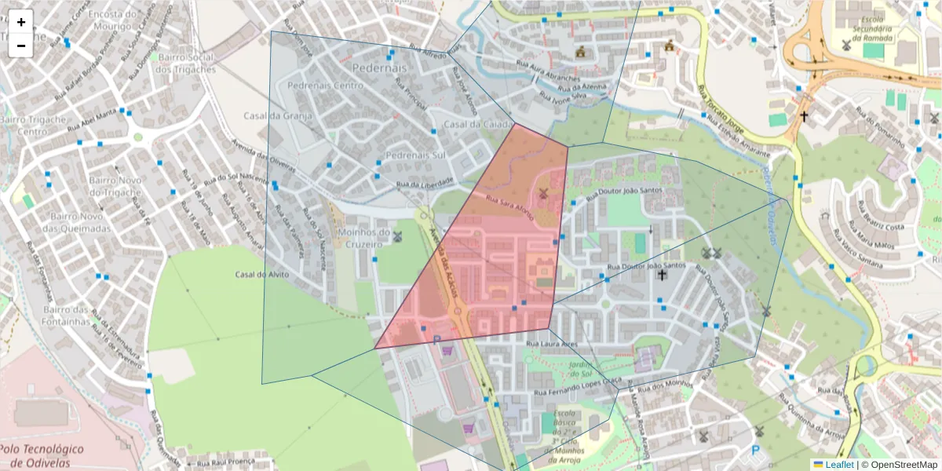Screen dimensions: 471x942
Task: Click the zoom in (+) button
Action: [x=21, y=22]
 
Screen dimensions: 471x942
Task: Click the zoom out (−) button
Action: [x=21, y=46]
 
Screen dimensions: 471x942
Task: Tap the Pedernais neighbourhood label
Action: [x=379, y=68]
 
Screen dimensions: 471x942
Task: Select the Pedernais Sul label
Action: [x=415, y=155]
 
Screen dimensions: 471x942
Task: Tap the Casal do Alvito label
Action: [x=262, y=275]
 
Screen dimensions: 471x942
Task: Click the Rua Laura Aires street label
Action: [x=552, y=344]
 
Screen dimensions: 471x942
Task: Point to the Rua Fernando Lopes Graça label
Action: [x=577, y=386]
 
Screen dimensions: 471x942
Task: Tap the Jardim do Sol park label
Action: [x=581, y=370]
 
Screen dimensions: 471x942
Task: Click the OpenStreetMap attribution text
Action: [x=899, y=465]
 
